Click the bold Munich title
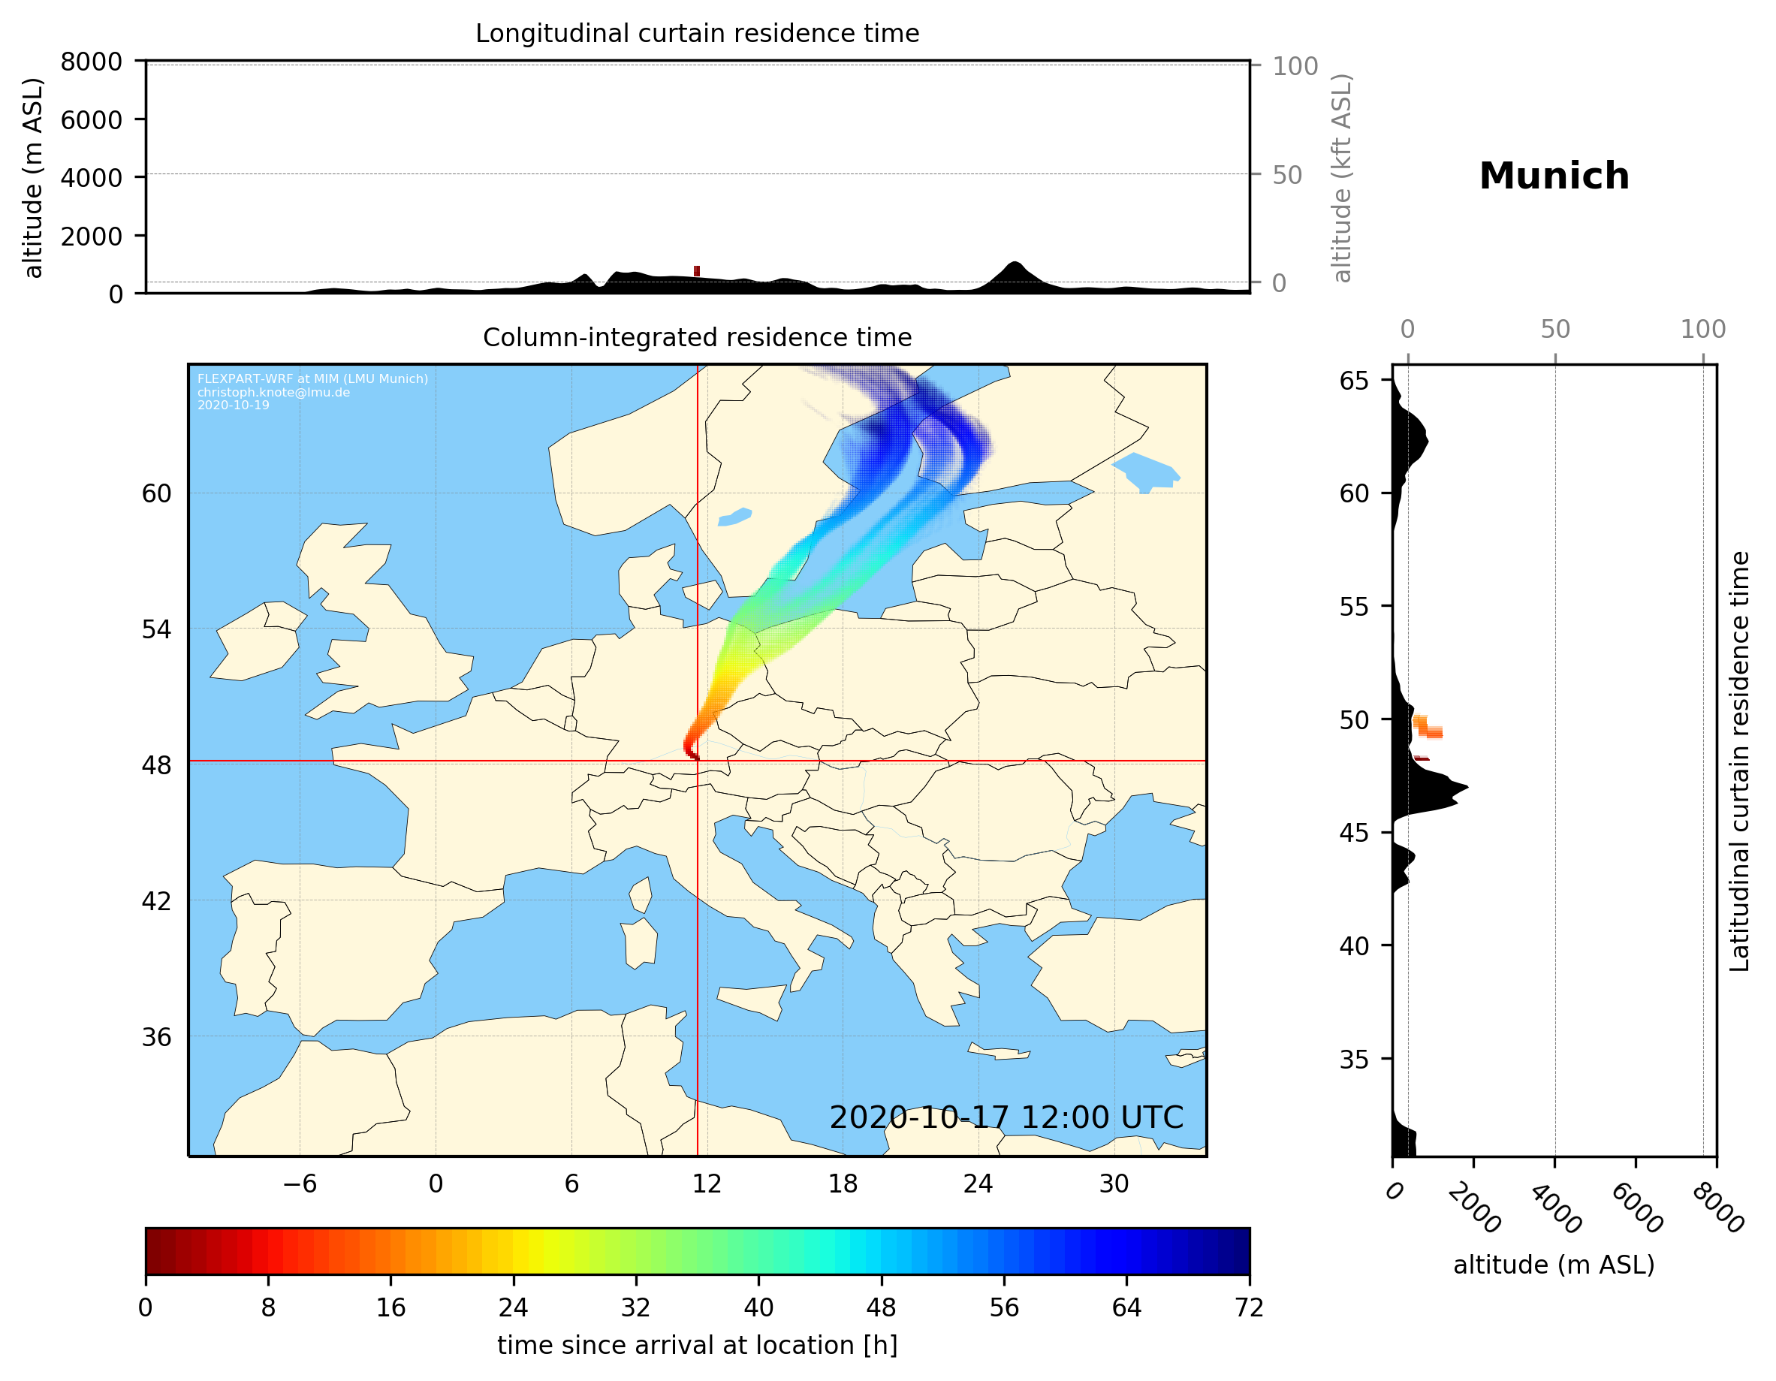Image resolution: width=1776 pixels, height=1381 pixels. [x=1553, y=176]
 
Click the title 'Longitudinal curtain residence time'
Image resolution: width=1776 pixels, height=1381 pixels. [x=697, y=33]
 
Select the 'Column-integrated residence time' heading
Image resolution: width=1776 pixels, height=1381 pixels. [x=697, y=337]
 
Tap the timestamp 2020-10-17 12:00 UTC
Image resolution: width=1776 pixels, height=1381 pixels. [x=1006, y=1117]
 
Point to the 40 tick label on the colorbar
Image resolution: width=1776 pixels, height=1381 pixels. [x=758, y=1308]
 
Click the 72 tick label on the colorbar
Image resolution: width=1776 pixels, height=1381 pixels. [x=1248, y=1308]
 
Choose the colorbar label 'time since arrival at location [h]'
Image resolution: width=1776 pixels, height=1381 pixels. [x=697, y=1345]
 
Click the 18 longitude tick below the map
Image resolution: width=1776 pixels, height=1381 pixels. [x=843, y=1183]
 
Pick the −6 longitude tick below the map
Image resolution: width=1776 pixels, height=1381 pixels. [x=299, y=1183]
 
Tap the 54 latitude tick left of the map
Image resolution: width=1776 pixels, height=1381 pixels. [x=156, y=629]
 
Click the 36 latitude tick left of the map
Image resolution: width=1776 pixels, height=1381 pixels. [x=156, y=1037]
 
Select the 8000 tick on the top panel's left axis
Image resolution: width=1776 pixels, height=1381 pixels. [x=91, y=62]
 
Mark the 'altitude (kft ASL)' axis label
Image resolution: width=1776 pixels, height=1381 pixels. [x=1342, y=178]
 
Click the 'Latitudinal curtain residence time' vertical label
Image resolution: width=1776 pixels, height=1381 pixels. [x=1738, y=761]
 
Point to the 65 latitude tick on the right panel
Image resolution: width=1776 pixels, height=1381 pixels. [x=1354, y=381]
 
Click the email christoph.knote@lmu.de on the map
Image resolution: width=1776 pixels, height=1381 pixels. [x=273, y=392]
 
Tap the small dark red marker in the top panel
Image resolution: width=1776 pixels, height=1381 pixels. [x=696, y=271]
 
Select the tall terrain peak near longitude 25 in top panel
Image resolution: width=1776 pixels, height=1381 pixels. [x=1013, y=266]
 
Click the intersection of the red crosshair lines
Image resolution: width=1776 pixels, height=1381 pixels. [x=697, y=761]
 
